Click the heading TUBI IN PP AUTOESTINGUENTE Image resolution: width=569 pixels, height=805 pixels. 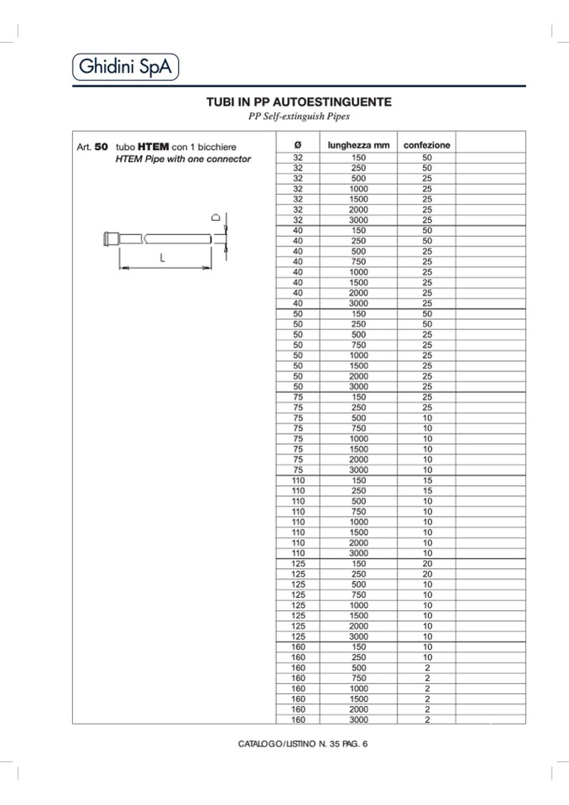pos(299,102)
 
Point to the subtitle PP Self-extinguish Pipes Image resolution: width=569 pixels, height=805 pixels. pos(299,116)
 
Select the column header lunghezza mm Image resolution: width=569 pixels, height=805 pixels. pos(358,145)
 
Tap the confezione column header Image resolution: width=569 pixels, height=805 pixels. pos(426,145)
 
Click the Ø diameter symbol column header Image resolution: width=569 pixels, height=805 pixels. pos(298,145)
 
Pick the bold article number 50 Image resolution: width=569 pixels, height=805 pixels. pos(102,146)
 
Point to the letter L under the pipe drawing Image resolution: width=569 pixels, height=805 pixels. pos(162,259)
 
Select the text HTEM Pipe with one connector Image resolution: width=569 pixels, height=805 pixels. pos(183,159)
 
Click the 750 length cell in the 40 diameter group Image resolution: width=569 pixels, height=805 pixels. pos(358,262)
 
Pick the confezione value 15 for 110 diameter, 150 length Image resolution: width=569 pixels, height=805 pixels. pos(427,480)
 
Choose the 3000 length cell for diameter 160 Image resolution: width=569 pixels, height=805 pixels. pos(358,719)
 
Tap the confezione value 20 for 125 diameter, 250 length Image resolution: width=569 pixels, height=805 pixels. pos(427,574)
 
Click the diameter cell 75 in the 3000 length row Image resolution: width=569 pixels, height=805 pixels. pos(298,470)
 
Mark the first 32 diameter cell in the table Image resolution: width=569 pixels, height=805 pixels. pos(298,158)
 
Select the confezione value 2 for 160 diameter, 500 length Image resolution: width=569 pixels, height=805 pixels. pos(427,667)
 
